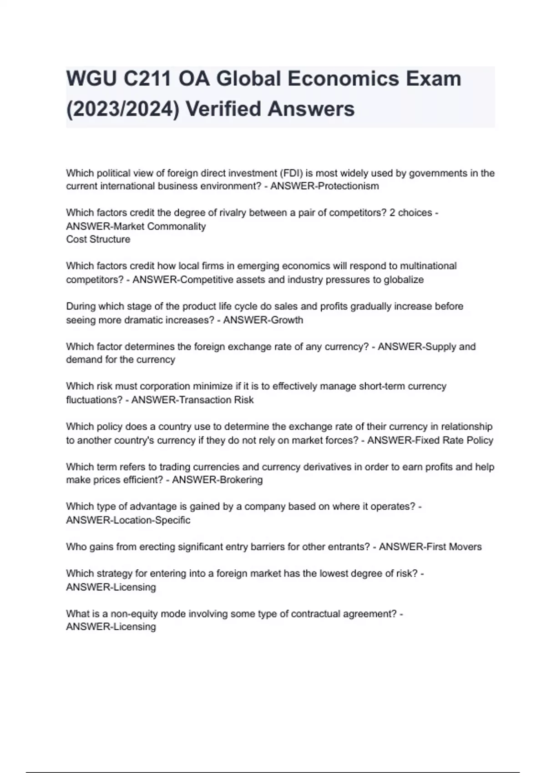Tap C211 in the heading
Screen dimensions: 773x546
(147, 79)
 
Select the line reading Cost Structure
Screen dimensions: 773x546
(98, 239)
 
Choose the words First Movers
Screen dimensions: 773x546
(453, 547)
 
